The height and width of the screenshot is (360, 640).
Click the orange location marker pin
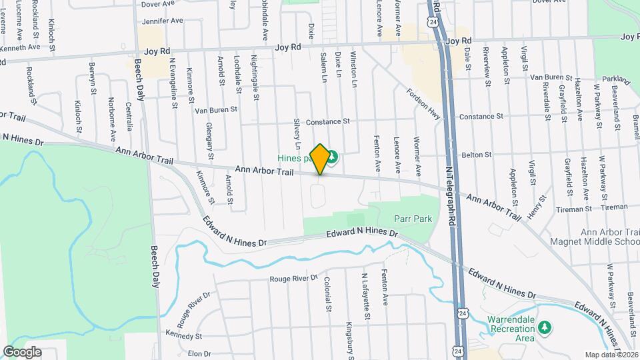(320, 159)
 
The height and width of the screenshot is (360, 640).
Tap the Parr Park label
(413, 219)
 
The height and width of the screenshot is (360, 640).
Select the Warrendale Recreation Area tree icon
(545, 327)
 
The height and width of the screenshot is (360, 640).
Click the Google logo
(22, 352)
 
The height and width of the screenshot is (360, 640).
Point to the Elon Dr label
(199, 353)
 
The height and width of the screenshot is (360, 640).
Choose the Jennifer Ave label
(162, 21)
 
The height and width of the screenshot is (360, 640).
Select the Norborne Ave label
(111, 120)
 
